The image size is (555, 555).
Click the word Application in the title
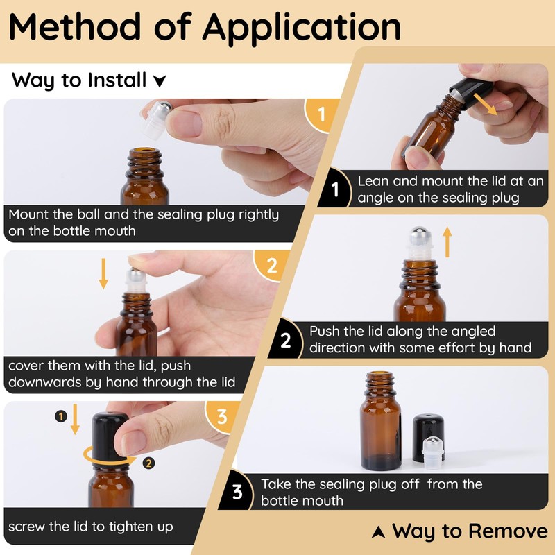point(301,28)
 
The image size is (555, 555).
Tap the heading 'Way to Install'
point(78,80)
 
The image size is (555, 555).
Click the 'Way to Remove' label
point(470,531)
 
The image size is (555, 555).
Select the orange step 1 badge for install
point(321,114)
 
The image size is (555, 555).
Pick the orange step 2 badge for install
point(271,265)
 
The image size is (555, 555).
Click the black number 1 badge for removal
point(335,189)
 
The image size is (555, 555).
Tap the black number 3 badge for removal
point(237,491)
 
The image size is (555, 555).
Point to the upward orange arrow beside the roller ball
point(447,241)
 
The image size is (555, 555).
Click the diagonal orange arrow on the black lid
point(485,104)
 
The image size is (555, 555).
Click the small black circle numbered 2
point(148,463)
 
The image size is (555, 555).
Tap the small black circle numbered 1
point(61,416)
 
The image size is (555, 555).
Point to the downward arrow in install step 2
point(103,273)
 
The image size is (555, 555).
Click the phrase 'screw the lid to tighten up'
point(91,527)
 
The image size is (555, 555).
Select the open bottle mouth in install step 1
point(144,152)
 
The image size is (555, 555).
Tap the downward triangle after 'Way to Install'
point(160,81)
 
